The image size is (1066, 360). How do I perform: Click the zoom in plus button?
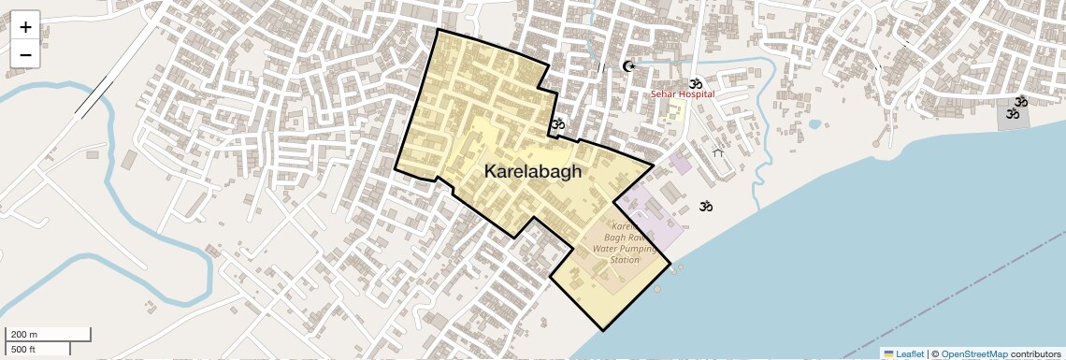tap(25, 27)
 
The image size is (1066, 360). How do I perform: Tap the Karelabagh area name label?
tap(533, 172)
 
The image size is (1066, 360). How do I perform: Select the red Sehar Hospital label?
tap(683, 94)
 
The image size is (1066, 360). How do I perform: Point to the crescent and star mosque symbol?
tap(628, 66)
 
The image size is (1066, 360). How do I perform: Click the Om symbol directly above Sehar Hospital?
tap(695, 83)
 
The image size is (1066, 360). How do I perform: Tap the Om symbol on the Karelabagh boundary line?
tap(558, 123)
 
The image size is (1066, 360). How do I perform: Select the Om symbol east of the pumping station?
tap(706, 206)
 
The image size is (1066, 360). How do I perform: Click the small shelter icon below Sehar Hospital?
tap(717, 151)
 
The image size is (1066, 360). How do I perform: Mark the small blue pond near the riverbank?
tap(814, 123)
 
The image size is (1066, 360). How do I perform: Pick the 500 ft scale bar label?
tap(24, 349)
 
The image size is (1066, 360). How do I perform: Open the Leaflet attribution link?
tap(910, 354)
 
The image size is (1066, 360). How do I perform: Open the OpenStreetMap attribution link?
tap(973, 354)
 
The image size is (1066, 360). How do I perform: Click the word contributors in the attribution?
tap(1035, 354)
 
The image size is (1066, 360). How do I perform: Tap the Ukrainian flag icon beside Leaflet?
tap(888, 354)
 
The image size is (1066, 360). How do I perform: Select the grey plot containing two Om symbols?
tap(1013, 114)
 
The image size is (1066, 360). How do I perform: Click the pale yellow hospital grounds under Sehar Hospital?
tap(674, 111)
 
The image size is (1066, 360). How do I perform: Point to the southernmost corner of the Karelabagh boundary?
tap(603, 330)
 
